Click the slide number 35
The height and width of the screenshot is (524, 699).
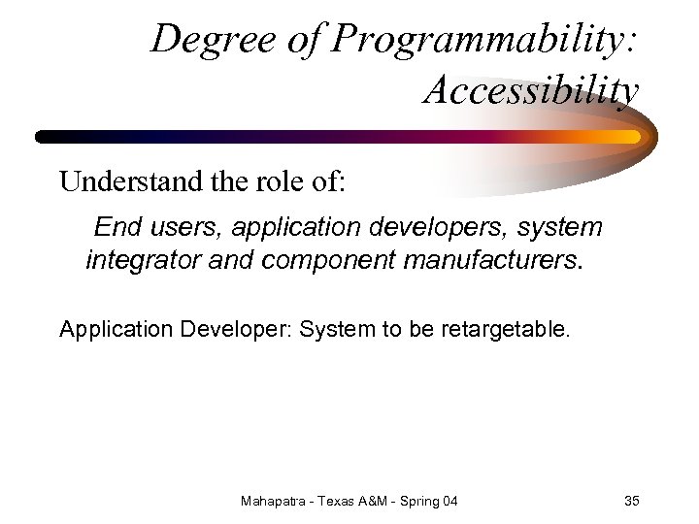[631, 501]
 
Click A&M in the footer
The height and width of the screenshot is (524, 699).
[382, 501]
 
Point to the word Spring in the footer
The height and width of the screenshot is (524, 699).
[426, 501]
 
